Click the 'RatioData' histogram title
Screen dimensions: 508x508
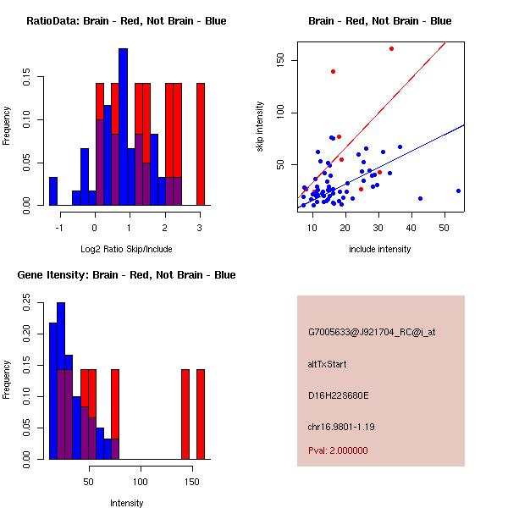pos(126,21)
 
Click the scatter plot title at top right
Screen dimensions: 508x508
pos(379,21)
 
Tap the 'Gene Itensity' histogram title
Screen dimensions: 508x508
pos(126,275)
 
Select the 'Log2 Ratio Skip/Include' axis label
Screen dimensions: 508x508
pos(126,248)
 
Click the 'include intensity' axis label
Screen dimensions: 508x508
pos(380,249)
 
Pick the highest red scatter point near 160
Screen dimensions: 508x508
pos(391,48)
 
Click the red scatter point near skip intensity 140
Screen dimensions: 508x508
pos(333,72)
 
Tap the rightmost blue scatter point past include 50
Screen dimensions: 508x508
pos(458,191)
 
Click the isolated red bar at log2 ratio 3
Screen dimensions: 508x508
pos(201,144)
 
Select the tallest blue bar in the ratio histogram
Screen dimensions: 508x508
pos(123,127)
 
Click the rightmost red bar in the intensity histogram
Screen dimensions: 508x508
pos(201,414)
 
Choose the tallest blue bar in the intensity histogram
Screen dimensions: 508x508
pos(61,381)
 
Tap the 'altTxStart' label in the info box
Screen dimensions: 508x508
pos(327,364)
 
